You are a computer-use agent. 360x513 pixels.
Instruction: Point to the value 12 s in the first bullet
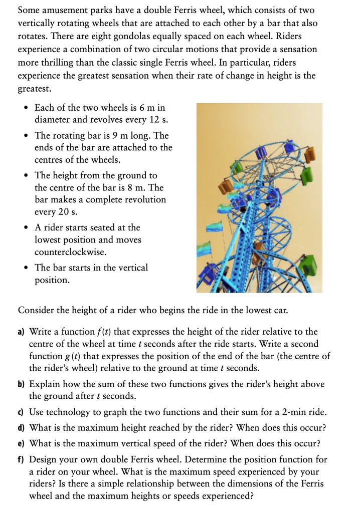[158, 120]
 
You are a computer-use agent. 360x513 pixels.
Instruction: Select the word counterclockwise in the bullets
[70, 252]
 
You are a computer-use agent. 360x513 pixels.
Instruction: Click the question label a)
[22, 332]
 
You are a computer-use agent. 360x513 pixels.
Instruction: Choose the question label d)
[22, 428]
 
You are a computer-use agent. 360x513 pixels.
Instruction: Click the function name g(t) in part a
[63, 356]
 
